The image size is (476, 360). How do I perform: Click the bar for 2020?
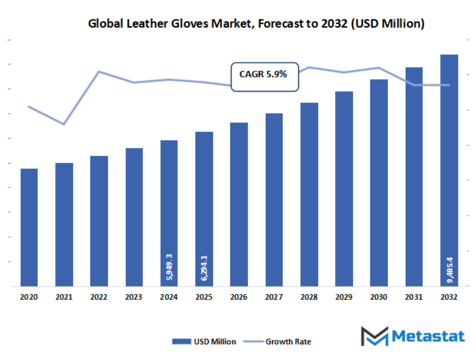pos(29,227)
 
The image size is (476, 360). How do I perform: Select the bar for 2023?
pos(134,216)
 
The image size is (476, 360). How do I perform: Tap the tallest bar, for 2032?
pos(449,169)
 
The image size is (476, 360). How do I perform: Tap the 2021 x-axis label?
pos(64,297)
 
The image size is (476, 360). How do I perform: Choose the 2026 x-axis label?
pos(239,297)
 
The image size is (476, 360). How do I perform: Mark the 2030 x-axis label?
pos(379,297)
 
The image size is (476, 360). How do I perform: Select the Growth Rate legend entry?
pos(280,342)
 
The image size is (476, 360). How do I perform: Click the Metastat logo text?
pos(428,336)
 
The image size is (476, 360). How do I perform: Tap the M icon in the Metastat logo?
pos(375,336)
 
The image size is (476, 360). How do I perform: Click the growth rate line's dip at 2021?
pos(64,124)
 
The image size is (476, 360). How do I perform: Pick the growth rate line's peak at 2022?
pos(99,71)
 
